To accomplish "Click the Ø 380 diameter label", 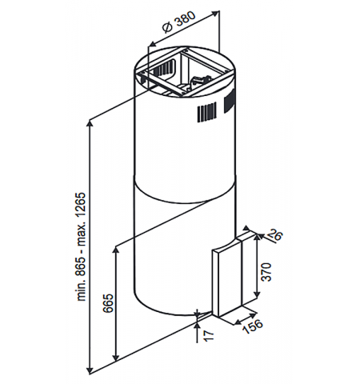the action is click(179, 22).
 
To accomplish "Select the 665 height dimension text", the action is click(109, 303).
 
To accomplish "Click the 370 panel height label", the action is click(266, 272).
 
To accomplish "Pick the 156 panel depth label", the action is click(252, 326).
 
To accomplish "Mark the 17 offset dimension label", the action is click(210, 336).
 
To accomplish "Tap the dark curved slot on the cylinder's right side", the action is click(230, 102).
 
